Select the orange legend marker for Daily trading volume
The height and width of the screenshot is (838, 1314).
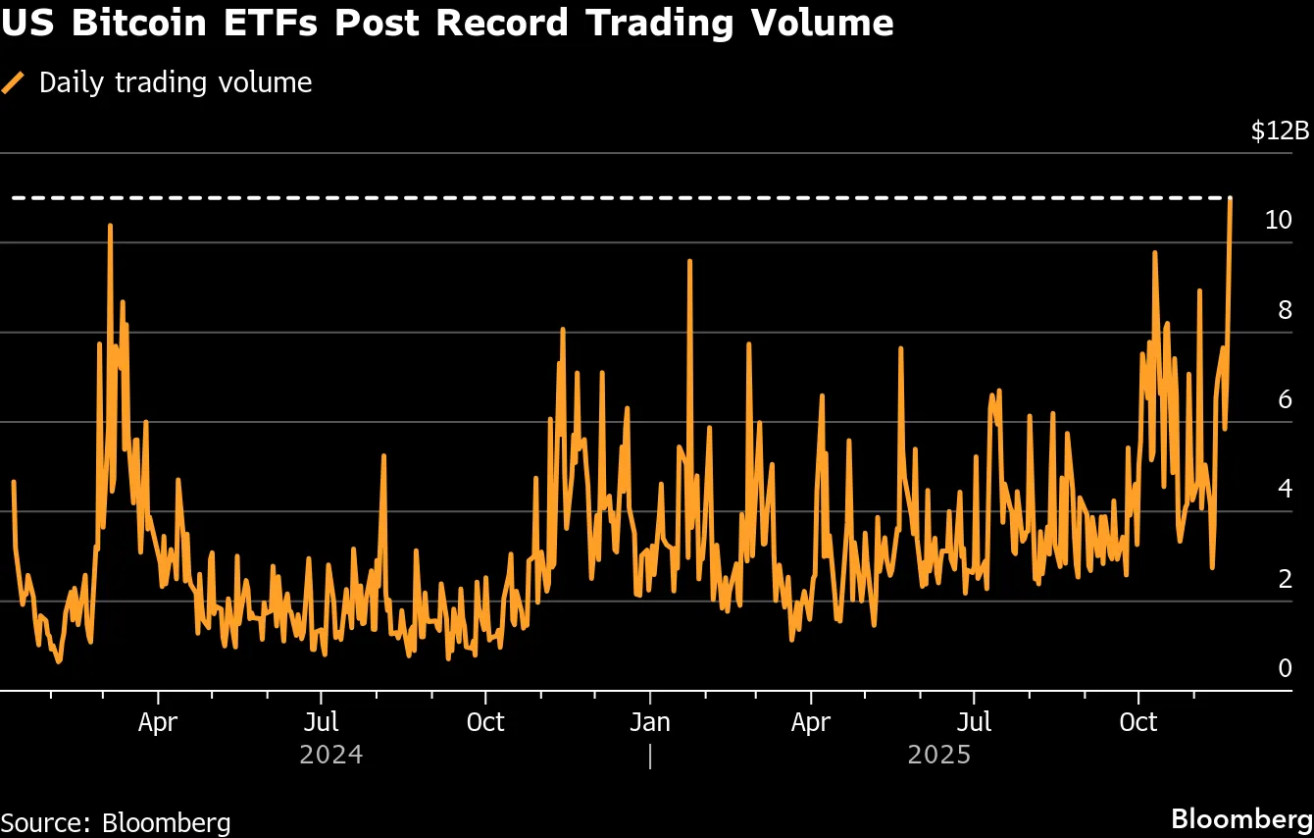click(14, 83)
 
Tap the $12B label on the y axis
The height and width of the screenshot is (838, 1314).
click(1280, 131)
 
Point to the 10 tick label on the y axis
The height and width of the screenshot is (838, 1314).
click(1278, 220)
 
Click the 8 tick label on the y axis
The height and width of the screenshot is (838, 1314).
click(1285, 310)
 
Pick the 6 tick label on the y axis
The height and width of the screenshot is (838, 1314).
click(1285, 399)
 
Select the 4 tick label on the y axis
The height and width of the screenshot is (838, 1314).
click(1285, 490)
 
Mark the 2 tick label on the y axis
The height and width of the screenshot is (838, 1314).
click(1285, 579)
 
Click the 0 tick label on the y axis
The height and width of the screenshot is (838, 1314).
click(1285, 668)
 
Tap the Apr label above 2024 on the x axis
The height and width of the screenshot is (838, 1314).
click(158, 723)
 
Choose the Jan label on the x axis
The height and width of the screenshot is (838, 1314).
click(649, 723)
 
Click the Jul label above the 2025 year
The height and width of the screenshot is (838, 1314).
click(974, 723)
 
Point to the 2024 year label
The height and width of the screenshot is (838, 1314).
click(331, 756)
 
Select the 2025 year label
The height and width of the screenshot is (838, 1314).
click(939, 756)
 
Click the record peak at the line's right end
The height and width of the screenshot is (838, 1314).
click(1230, 199)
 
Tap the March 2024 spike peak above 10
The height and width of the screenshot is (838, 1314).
click(110, 226)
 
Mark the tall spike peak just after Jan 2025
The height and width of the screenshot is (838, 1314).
click(690, 261)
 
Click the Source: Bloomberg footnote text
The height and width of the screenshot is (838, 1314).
click(116, 822)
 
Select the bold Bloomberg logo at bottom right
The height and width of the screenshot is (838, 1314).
click(1241, 818)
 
